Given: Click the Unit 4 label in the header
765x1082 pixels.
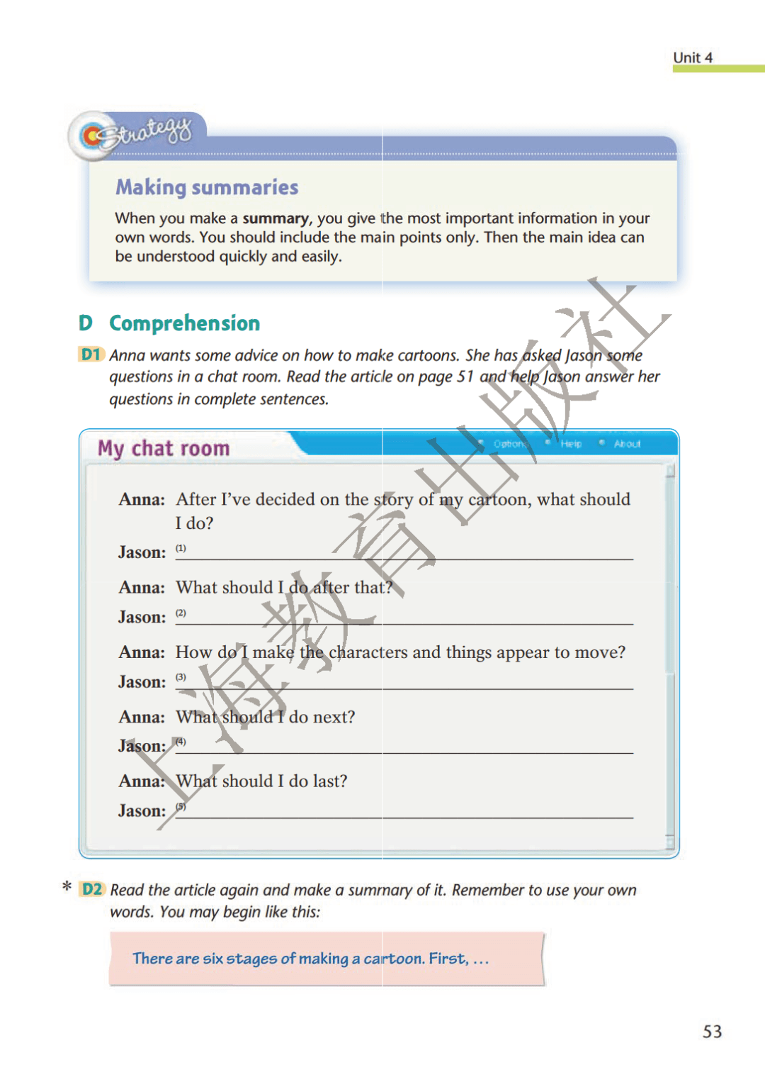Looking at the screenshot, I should click(x=692, y=57).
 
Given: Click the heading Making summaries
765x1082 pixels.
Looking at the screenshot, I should click(x=207, y=187).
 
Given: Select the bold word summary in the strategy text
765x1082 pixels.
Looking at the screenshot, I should click(x=276, y=218).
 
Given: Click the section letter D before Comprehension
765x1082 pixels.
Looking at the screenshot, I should click(x=86, y=323).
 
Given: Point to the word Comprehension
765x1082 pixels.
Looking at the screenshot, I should click(x=184, y=323).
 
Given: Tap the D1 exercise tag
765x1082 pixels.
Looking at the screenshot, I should click(x=91, y=355).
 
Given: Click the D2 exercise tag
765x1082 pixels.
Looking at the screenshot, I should click(x=92, y=889).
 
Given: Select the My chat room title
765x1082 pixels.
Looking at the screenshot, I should click(x=164, y=448).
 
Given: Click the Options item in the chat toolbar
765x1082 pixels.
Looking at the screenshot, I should click(x=509, y=444).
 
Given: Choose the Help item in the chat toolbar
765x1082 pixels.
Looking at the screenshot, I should click(x=571, y=444).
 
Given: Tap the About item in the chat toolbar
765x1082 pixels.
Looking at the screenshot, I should click(x=627, y=444).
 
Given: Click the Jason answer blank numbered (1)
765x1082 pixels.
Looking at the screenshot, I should click(x=404, y=553).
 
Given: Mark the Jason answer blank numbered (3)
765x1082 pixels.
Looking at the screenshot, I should click(x=404, y=682).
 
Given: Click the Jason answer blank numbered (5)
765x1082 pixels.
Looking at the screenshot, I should click(x=404, y=811).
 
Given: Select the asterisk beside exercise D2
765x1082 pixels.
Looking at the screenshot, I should click(x=67, y=887).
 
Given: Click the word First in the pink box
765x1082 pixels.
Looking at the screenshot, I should click(x=448, y=959).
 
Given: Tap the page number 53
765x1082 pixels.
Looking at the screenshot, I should click(x=712, y=1032).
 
